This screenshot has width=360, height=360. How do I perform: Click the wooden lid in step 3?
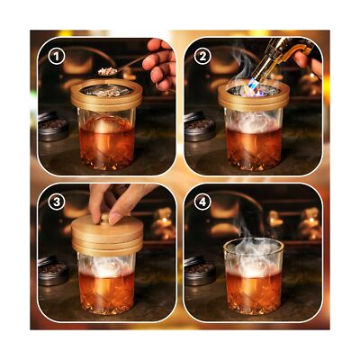(x=106, y=235)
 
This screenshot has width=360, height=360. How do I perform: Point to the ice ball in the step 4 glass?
(x=252, y=269)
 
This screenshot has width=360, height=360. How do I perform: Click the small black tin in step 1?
(x=53, y=125)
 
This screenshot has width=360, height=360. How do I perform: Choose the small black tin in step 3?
(x=52, y=270)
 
